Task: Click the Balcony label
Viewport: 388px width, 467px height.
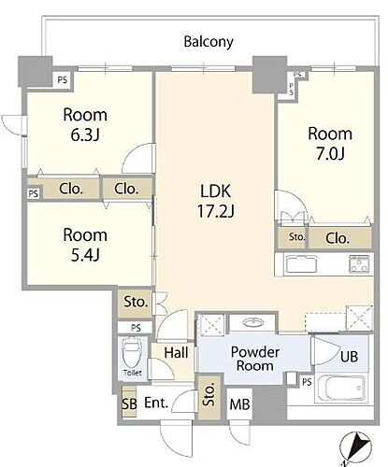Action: (208, 42)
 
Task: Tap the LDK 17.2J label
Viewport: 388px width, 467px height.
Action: (216, 201)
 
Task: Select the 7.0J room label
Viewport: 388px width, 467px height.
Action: (330, 144)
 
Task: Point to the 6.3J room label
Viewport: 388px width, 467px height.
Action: (85, 124)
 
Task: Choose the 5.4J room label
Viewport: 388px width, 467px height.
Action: (85, 245)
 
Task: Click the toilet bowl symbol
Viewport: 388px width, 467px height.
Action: (132, 353)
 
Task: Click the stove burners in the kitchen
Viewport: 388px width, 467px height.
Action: (360, 264)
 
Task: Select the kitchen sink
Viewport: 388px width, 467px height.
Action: (301, 264)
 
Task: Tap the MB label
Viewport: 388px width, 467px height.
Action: (239, 404)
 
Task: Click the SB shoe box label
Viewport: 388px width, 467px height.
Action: (129, 403)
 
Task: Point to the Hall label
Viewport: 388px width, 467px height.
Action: (177, 353)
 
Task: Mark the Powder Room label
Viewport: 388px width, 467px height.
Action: (255, 359)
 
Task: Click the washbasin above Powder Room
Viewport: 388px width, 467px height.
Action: (252, 322)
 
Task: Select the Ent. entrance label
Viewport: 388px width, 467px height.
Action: (156, 403)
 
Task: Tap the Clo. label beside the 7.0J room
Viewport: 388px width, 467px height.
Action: (338, 238)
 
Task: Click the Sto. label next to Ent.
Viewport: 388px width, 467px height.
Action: (208, 394)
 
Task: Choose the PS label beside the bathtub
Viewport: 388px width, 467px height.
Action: (307, 382)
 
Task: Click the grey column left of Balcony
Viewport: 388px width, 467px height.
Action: (36, 71)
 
